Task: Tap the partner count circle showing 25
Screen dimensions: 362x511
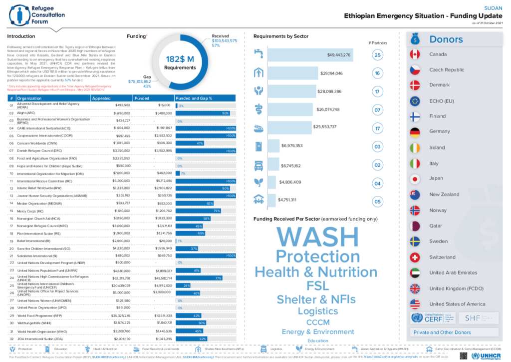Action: click(378, 55)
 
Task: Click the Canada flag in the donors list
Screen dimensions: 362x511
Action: click(415, 54)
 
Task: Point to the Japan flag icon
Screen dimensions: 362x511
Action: click(415, 178)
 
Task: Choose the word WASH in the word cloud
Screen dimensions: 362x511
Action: click(317, 236)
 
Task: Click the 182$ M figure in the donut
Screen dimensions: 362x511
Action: click(180, 60)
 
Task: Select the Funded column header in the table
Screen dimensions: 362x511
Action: click(142, 98)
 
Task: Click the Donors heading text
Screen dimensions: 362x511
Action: click(446, 39)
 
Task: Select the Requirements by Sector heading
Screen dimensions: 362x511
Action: click(281, 36)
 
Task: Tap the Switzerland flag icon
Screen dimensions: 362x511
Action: click(415, 257)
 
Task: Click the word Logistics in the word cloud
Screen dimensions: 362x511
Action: click(317, 310)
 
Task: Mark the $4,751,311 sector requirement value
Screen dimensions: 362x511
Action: click(287, 200)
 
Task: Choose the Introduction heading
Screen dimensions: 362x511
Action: click(21, 36)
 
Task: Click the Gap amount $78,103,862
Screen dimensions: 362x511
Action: click(140, 81)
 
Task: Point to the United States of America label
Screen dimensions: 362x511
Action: click(457, 304)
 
